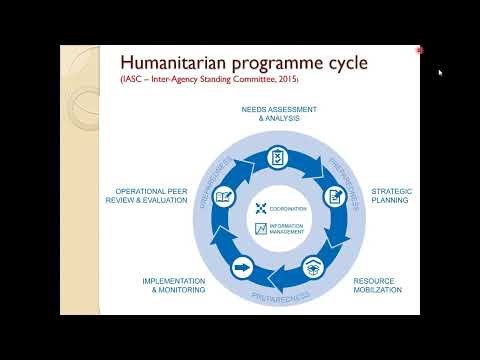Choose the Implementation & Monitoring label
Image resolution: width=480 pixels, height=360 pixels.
point(173,286)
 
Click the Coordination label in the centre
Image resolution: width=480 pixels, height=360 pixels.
point(288,208)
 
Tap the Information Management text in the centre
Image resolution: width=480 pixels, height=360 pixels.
point(290,230)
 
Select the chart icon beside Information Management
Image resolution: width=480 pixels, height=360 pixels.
point(262,229)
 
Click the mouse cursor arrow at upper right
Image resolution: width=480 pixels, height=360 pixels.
point(440,72)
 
